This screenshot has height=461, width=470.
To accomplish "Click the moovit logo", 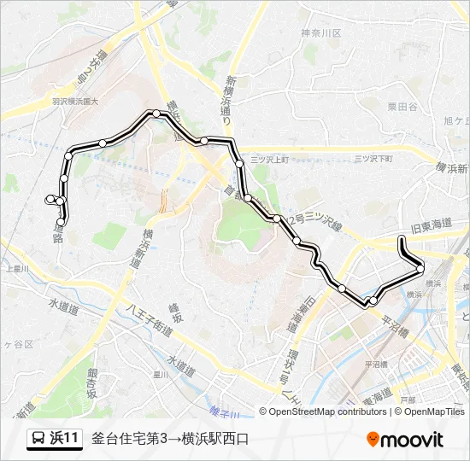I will [x=404, y=439].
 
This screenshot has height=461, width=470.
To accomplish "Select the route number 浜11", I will [x=65, y=439].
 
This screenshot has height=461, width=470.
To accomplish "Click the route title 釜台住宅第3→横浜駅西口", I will [x=170, y=439].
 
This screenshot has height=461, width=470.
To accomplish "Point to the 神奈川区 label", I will [x=320, y=33].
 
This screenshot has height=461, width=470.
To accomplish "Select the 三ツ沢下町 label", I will [x=373, y=159].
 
